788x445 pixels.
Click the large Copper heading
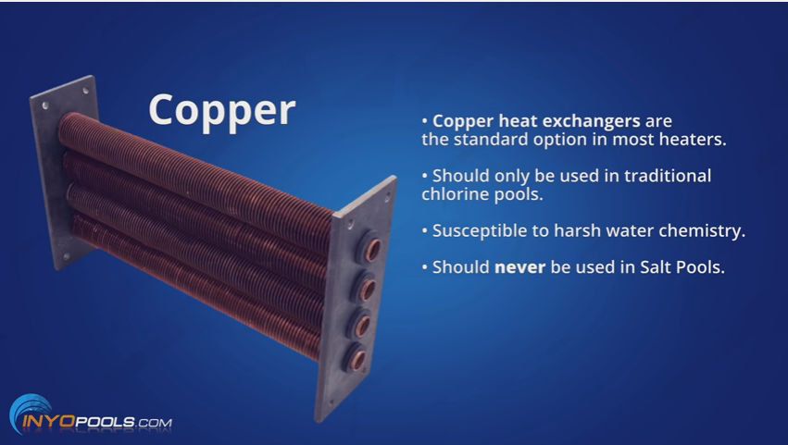pos(222,112)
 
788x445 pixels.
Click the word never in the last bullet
pos(519,267)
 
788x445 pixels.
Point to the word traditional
pos(668,176)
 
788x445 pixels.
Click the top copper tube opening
pos(372,250)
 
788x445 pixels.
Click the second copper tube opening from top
pos(367,289)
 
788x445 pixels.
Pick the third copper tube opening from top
pos(361,325)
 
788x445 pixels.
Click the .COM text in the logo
pos(154,423)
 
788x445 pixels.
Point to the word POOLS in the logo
pos(105,421)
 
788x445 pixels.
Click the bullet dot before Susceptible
pos(425,230)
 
